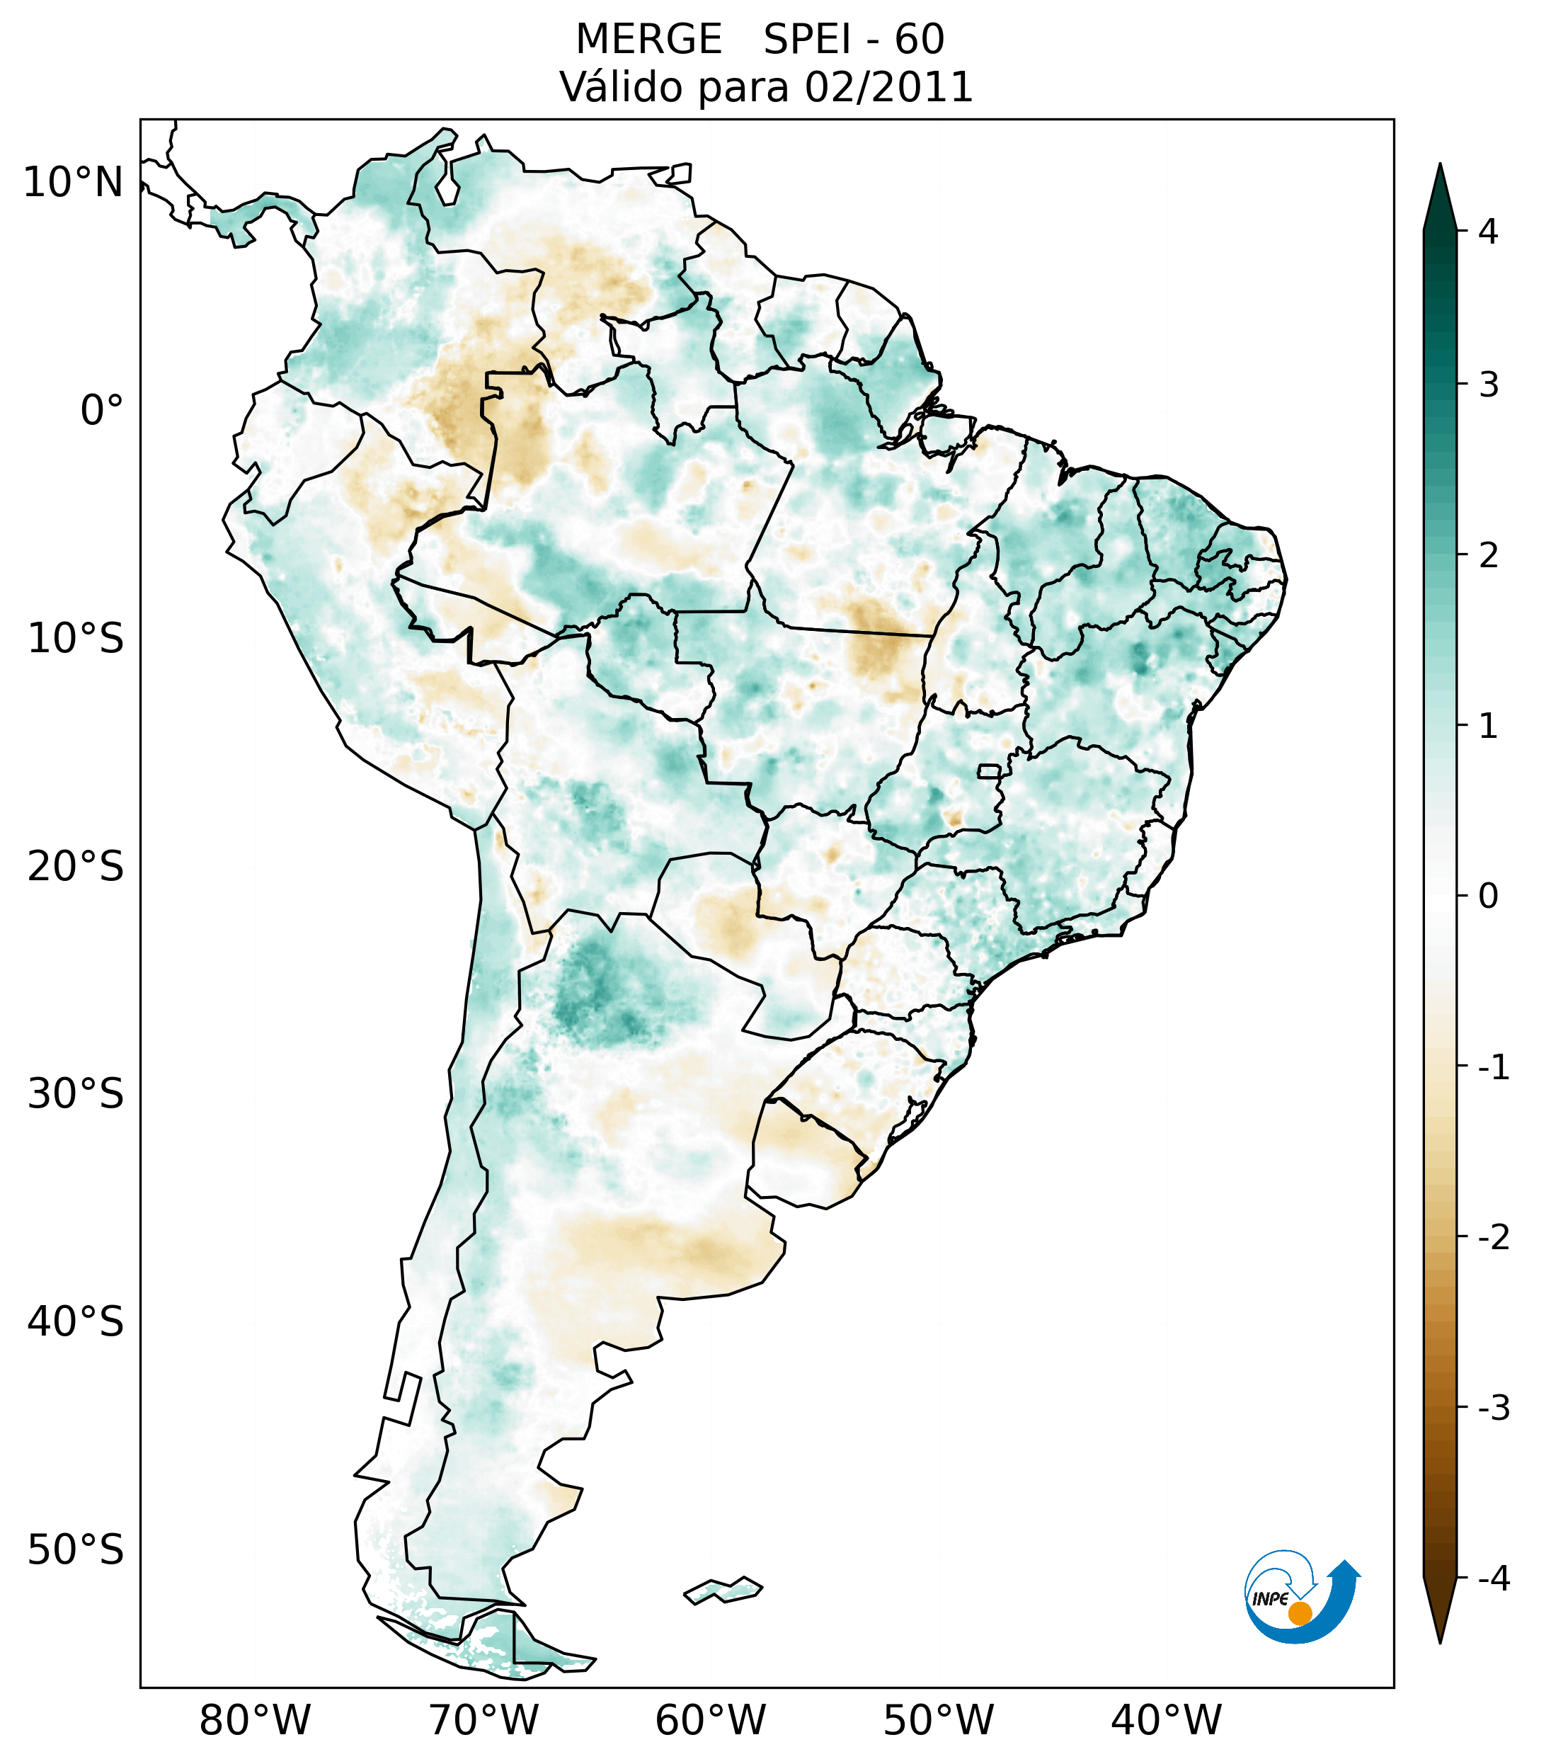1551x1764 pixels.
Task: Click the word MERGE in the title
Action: (x=648, y=40)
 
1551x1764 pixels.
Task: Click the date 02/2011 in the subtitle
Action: (x=888, y=87)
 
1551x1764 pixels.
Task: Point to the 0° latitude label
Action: (x=102, y=411)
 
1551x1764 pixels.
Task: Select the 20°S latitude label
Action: (x=76, y=867)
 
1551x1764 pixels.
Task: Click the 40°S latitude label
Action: (x=76, y=1322)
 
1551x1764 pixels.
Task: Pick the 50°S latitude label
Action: (x=76, y=1551)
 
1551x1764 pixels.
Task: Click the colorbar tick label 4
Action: (x=1488, y=232)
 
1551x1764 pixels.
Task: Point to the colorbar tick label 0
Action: (x=1488, y=897)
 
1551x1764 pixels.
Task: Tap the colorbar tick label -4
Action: (x=1493, y=1578)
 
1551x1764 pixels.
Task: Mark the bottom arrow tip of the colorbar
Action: (x=1439, y=1641)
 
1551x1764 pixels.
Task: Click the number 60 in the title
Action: (x=919, y=40)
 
